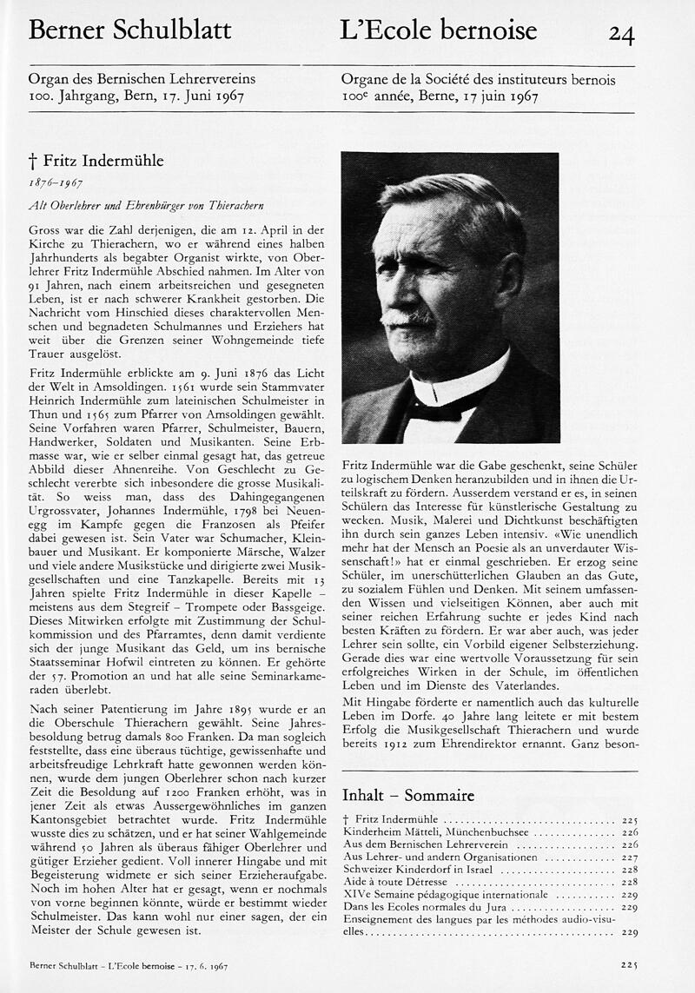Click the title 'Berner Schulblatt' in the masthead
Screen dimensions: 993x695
click(x=129, y=30)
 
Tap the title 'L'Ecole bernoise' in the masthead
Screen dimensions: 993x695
click(x=439, y=30)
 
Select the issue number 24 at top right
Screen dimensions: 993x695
click(x=621, y=34)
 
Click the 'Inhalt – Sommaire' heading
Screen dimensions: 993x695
click(x=408, y=795)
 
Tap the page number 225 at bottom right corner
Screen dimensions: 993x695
click(x=630, y=964)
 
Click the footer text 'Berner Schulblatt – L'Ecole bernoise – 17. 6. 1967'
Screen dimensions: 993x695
click(x=129, y=965)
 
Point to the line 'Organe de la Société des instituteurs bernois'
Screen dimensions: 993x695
click(x=478, y=79)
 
